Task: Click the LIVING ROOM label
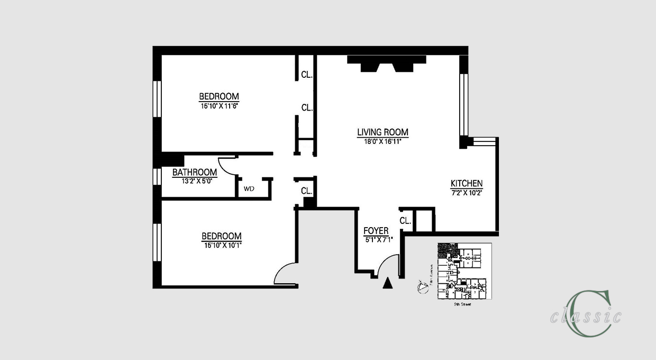[x=382, y=132]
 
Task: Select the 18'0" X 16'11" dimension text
[x=382, y=141]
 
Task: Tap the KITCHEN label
[x=466, y=183]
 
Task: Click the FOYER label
[x=376, y=231]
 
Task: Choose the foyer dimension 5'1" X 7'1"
[x=378, y=240]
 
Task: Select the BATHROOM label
[x=195, y=173]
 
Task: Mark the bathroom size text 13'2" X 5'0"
[x=195, y=181]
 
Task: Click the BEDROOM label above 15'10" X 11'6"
[x=219, y=96]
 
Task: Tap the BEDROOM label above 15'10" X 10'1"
[x=221, y=236]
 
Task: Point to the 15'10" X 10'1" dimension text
[x=222, y=245]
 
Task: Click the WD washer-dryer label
[x=249, y=188]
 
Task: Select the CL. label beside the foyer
[x=405, y=221]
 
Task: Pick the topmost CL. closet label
[x=307, y=75]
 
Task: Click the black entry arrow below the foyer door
[x=388, y=284]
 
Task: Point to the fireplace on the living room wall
[x=387, y=64]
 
